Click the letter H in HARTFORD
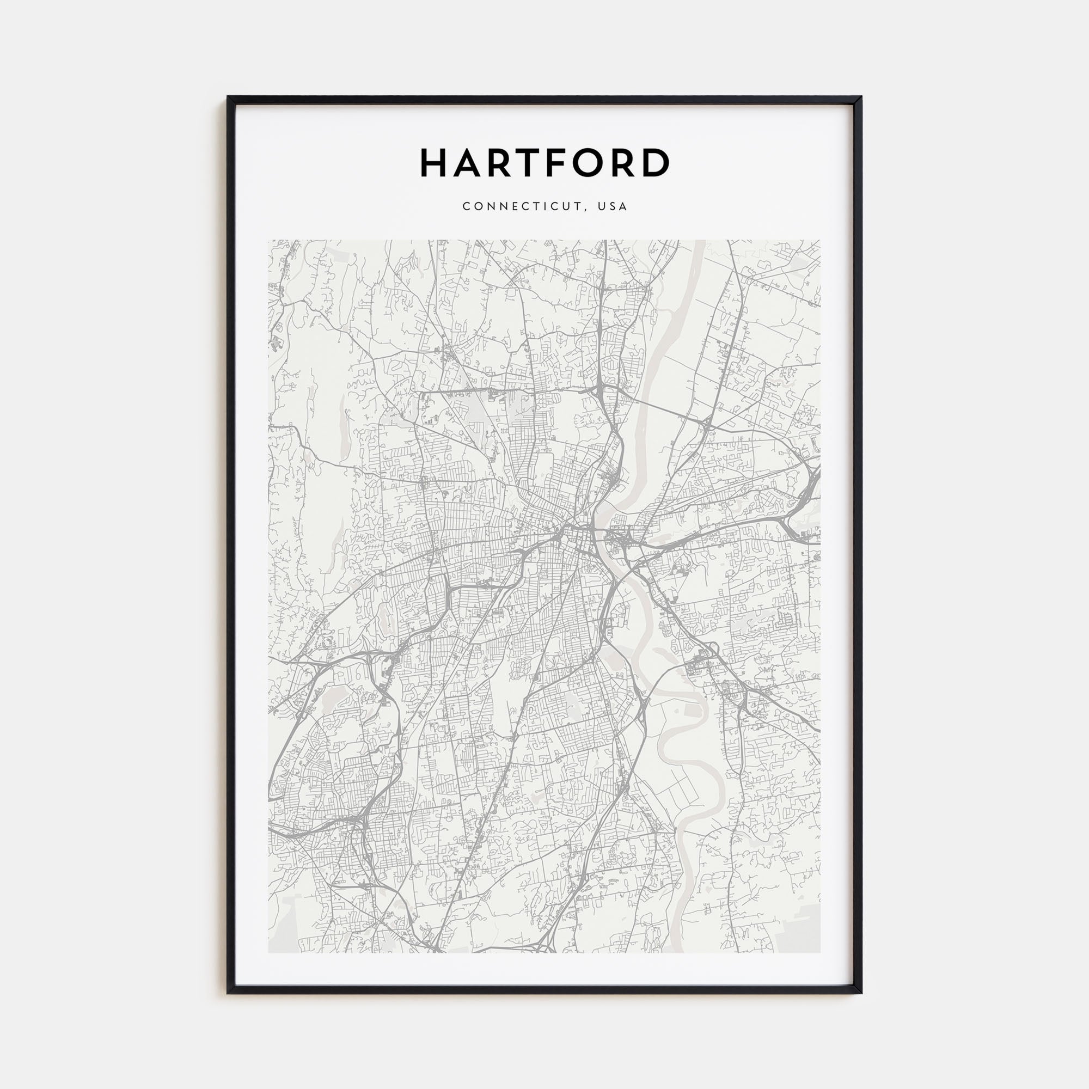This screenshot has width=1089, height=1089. (435, 163)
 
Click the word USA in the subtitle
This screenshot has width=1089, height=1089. (613, 206)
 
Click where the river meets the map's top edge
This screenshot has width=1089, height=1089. (700, 241)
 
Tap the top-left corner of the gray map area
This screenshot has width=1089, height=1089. (269, 241)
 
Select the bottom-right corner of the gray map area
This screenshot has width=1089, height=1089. (819, 952)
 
